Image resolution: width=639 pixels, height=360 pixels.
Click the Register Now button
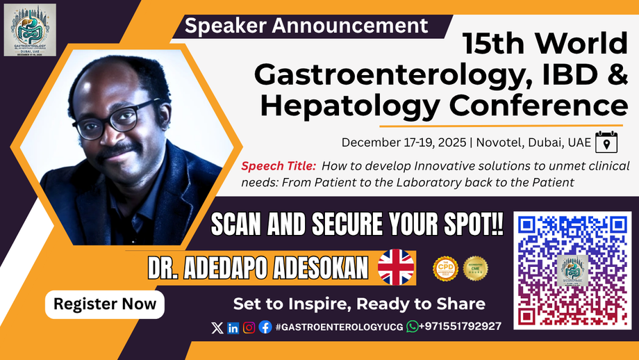[105, 304]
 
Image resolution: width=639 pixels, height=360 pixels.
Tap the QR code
[573, 270]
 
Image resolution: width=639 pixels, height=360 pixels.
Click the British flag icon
[396, 268]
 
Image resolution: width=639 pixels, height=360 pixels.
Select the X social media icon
[217, 327]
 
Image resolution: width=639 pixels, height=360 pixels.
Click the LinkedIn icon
[233, 327]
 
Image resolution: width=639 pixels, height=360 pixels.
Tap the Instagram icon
[249, 327]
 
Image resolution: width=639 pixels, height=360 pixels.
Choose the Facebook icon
[265, 327]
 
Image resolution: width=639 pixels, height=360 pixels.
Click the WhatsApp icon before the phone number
[413, 327]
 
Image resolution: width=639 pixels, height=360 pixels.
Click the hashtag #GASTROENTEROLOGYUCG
[339, 327]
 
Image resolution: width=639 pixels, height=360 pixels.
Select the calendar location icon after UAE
[606, 141]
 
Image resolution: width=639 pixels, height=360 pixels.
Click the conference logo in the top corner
[30, 30]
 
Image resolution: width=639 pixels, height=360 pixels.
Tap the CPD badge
[445, 268]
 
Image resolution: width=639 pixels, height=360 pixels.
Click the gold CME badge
[476, 268]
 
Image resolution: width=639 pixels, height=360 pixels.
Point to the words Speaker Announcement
[306, 26]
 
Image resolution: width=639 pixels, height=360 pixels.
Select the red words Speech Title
[279, 166]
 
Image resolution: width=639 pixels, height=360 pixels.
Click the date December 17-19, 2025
[404, 142]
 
